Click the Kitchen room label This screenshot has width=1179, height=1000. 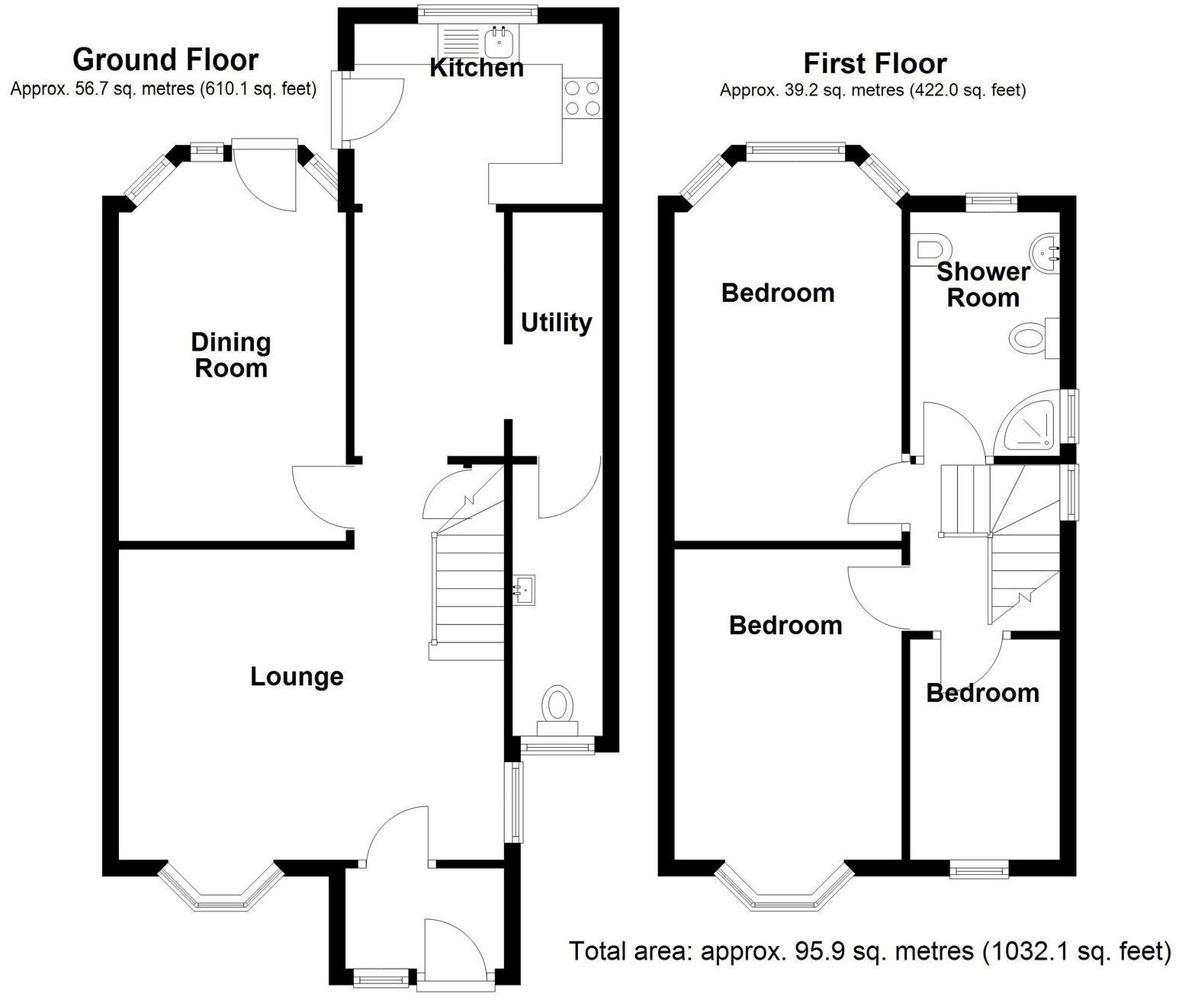[477, 68]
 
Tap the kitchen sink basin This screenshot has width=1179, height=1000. [500, 41]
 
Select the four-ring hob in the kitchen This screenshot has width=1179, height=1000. [583, 98]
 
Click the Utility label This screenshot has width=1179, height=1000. [556, 322]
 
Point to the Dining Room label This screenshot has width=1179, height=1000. [231, 354]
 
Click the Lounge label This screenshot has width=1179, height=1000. [297, 677]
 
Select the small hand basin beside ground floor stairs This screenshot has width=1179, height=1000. [524, 589]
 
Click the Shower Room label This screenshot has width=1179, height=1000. [983, 284]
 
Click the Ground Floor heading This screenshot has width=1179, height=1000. [165, 60]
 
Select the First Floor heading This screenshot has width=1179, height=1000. [875, 63]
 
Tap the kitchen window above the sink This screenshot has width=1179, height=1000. [477, 14]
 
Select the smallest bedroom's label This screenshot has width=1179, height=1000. [983, 694]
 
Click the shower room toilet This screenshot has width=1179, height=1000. [931, 250]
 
